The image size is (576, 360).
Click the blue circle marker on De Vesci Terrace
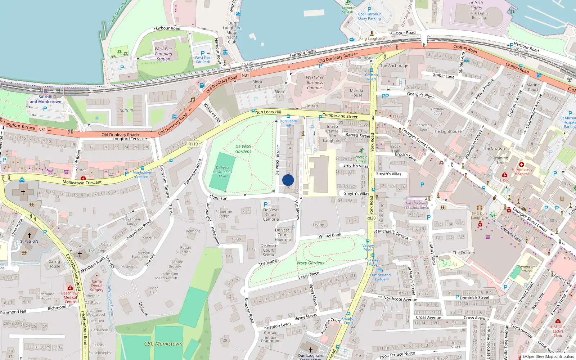click(x=288, y=180)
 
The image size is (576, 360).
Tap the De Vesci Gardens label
click(x=243, y=149)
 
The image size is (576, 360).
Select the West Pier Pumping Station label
click(x=163, y=54)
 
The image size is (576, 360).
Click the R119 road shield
click(x=193, y=144)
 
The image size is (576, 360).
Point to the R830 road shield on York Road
click(x=371, y=218)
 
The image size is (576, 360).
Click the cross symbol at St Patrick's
click(x=30, y=235)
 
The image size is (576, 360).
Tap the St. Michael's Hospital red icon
click(x=521, y=165)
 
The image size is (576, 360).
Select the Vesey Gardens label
click(x=310, y=263)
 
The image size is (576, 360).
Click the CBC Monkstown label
click(x=163, y=344)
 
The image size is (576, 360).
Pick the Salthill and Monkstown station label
click(x=45, y=99)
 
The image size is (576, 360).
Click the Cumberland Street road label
click(x=340, y=116)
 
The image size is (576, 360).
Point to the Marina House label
click(x=356, y=93)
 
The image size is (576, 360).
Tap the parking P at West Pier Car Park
click(x=203, y=53)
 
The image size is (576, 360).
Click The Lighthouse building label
click(x=447, y=131)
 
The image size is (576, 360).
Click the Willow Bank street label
click(x=330, y=235)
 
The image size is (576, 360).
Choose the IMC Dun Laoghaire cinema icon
click(x=479, y=208)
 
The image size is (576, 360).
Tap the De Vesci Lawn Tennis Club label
click(x=222, y=172)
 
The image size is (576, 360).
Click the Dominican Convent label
click(x=526, y=269)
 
